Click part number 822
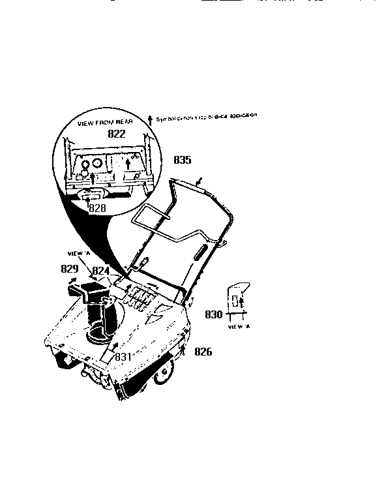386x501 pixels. point(116,134)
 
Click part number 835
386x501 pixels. point(183,159)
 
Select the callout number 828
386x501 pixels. point(96,209)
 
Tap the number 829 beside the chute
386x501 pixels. point(70,269)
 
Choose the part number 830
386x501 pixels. point(214,314)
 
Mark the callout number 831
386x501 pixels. point(123,357)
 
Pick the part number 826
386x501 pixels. point(203,352)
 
